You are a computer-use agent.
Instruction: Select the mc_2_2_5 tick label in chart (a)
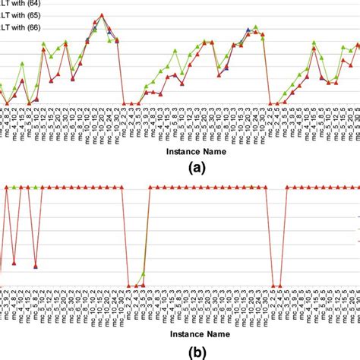[271, 125]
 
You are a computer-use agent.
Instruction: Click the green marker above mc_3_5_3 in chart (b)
[142, 273]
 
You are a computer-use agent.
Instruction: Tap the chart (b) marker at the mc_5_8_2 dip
[36, 266]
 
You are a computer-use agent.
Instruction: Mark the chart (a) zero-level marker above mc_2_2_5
[271, 104]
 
